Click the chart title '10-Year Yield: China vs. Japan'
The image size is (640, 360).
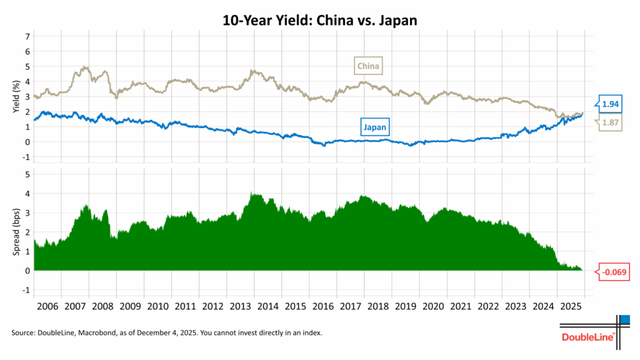[319, 20]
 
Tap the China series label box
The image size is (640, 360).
[368, 65]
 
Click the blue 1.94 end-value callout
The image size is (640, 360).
[611, 103]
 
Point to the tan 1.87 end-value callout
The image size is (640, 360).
[611, 123]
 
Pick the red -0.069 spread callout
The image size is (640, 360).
[613, 272]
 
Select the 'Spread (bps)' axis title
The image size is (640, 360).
[16, 232]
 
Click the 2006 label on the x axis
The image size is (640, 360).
[47, 307]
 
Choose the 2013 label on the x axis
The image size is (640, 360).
[241, 307]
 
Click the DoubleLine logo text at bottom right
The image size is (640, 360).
[587, 337]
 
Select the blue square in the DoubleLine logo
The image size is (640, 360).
[624, 320]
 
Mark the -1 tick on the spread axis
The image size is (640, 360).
[26, 290]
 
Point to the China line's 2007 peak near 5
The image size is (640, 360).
[84, 67]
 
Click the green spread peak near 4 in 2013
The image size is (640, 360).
[252, 194]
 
